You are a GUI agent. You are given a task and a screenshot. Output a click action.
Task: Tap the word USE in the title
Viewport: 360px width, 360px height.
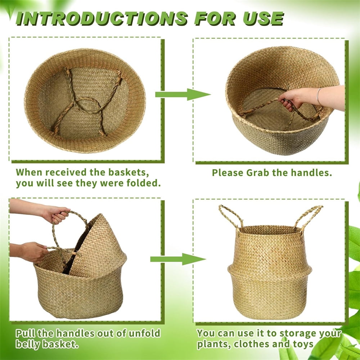[264, 18]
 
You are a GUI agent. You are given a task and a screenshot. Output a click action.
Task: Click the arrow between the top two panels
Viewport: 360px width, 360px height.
[183, 94]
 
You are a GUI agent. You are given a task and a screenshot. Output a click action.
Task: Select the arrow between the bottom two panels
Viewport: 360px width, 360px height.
[178, 259]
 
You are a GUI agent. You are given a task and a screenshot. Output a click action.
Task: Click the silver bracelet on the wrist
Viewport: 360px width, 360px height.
[319, 96]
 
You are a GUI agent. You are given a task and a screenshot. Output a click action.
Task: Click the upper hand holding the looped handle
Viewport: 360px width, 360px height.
[55, 214]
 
